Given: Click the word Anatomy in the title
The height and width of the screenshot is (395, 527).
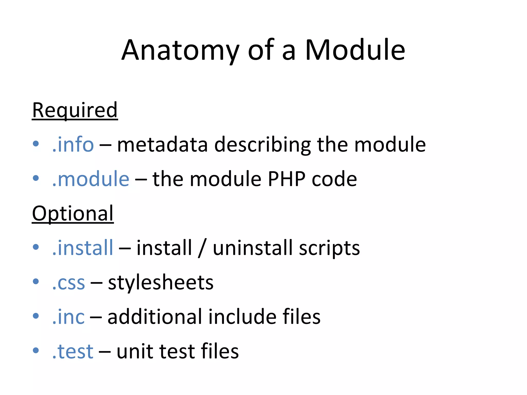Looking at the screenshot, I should click(x=180, y=50).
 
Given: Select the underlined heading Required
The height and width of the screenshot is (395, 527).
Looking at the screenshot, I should click(x=75, y=111).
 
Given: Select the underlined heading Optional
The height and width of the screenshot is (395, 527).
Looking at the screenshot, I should click(x=73, y=214).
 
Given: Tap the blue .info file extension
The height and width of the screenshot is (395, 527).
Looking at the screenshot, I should click(x=73, y=145).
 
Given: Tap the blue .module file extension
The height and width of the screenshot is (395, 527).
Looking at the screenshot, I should click(x=91, y=179).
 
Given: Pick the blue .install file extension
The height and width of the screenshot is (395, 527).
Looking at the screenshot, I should click(x=83, y=248).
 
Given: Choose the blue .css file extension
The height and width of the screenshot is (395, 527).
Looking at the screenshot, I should click(x=68, y=283).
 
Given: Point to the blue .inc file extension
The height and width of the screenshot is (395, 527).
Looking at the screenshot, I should click(x=68, y=317).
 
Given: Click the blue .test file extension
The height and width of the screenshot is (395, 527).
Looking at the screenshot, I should click(x=73, y=351).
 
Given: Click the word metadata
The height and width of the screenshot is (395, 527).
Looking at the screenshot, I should click(x=162, y=145).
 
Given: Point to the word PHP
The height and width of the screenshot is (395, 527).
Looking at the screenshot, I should click(x=287, y=179).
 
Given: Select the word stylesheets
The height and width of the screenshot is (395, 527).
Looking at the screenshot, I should click(x=161, y=283).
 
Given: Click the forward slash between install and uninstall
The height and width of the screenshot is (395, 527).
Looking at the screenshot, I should click(x=203, y=248).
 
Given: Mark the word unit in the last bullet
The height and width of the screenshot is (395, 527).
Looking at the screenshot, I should click(x=135, y=351).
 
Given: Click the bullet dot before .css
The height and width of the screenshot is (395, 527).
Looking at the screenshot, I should click(x=36, y=281).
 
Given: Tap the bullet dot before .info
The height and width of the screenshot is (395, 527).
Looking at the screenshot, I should click(x=36, y=143).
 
